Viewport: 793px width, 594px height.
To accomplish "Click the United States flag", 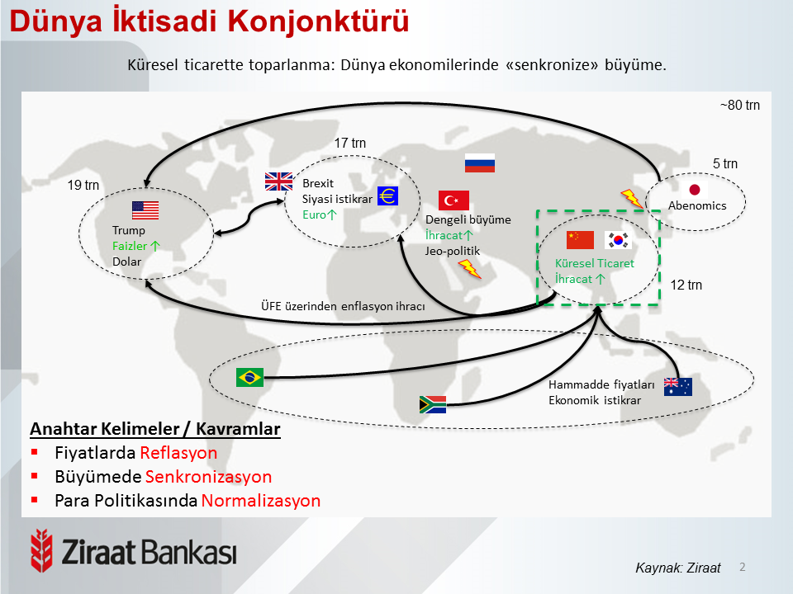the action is [x=145, y=210].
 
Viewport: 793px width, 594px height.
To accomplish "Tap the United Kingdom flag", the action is [x=278, y=181].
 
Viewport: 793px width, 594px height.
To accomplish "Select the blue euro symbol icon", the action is [x=388, y=196].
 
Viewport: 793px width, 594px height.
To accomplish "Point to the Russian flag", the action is [x=479, y=163].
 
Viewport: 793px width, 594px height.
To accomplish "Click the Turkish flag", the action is [x=453, y=200].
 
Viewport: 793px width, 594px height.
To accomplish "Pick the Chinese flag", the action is [x=580, y=240].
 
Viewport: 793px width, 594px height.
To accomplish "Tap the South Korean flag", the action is [x=618, y=240].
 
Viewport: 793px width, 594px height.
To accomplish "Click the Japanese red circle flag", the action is [x=695, y=190].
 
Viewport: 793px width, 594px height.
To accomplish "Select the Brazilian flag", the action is [x=249, y=377].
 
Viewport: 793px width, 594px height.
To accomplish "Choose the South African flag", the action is [x=433, y=404].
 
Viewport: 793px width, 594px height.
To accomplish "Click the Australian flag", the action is [x=677, y=387].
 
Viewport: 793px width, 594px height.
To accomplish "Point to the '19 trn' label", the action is [x=83, y=185].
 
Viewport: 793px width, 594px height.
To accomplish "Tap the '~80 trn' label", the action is [x=740, y=105].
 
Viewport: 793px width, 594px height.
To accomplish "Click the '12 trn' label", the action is [x=686, y=285].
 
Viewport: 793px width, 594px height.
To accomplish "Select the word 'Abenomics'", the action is [x=697, y=205].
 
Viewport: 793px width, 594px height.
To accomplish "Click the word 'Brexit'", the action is [x=318, y=183].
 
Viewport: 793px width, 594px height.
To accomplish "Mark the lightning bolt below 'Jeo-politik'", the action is [x=469, y=269].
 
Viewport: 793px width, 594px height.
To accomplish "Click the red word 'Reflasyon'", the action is [x=178, y=453].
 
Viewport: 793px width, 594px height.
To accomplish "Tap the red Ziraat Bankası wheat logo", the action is [x=41, y=550].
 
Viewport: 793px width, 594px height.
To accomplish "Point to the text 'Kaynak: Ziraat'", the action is [x=677, y=568].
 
